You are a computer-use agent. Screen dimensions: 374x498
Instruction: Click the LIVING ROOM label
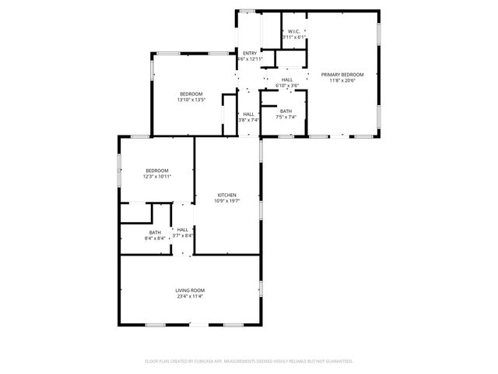pyautogui.click(x=190, y=290)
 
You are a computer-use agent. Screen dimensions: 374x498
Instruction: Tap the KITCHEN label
pyautogui.click(x=227, y=195)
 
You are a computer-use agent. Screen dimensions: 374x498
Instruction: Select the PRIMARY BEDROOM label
pyautogui.click(x=342, y=75)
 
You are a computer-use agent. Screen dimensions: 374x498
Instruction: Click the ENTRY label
pyautogui.click(x=249, y=53)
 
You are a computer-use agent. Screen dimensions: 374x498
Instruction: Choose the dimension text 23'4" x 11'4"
pyautogui.click(x=190, y=296)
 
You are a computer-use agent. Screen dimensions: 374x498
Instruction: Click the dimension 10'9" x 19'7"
pyautogui.click(x=227, y=201)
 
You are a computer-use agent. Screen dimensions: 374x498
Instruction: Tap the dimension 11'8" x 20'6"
pyautogui.click(x=342, y=80)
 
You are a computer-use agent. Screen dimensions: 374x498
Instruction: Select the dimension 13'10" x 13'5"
pyautogui.click(x=191, y=100)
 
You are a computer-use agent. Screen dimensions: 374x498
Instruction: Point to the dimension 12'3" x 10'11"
pyautogui.click(x=157, y=176)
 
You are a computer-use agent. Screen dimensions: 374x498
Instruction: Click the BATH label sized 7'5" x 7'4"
pyautogui.click(x=286, y=111)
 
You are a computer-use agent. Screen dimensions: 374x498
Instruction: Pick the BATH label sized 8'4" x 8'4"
pyautogui.click(x=155, y=232)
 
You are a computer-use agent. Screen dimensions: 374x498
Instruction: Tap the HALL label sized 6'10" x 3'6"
pyautogui.click(x=287, y=79)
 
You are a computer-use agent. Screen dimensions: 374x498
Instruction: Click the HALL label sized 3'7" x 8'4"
pyautogui.click(x=184, y=229)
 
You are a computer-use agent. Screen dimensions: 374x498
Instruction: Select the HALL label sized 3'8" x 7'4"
pyautogui.click(x=248, y=114)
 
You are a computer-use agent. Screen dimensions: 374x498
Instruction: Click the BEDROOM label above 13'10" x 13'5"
pyautogui.click(x=191, y=93)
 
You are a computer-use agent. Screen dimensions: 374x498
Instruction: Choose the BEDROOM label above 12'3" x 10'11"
pyautogui.click(x=157, y=170)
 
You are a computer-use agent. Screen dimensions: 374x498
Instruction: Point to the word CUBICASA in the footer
pyautogui.click(x=209, y=362)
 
